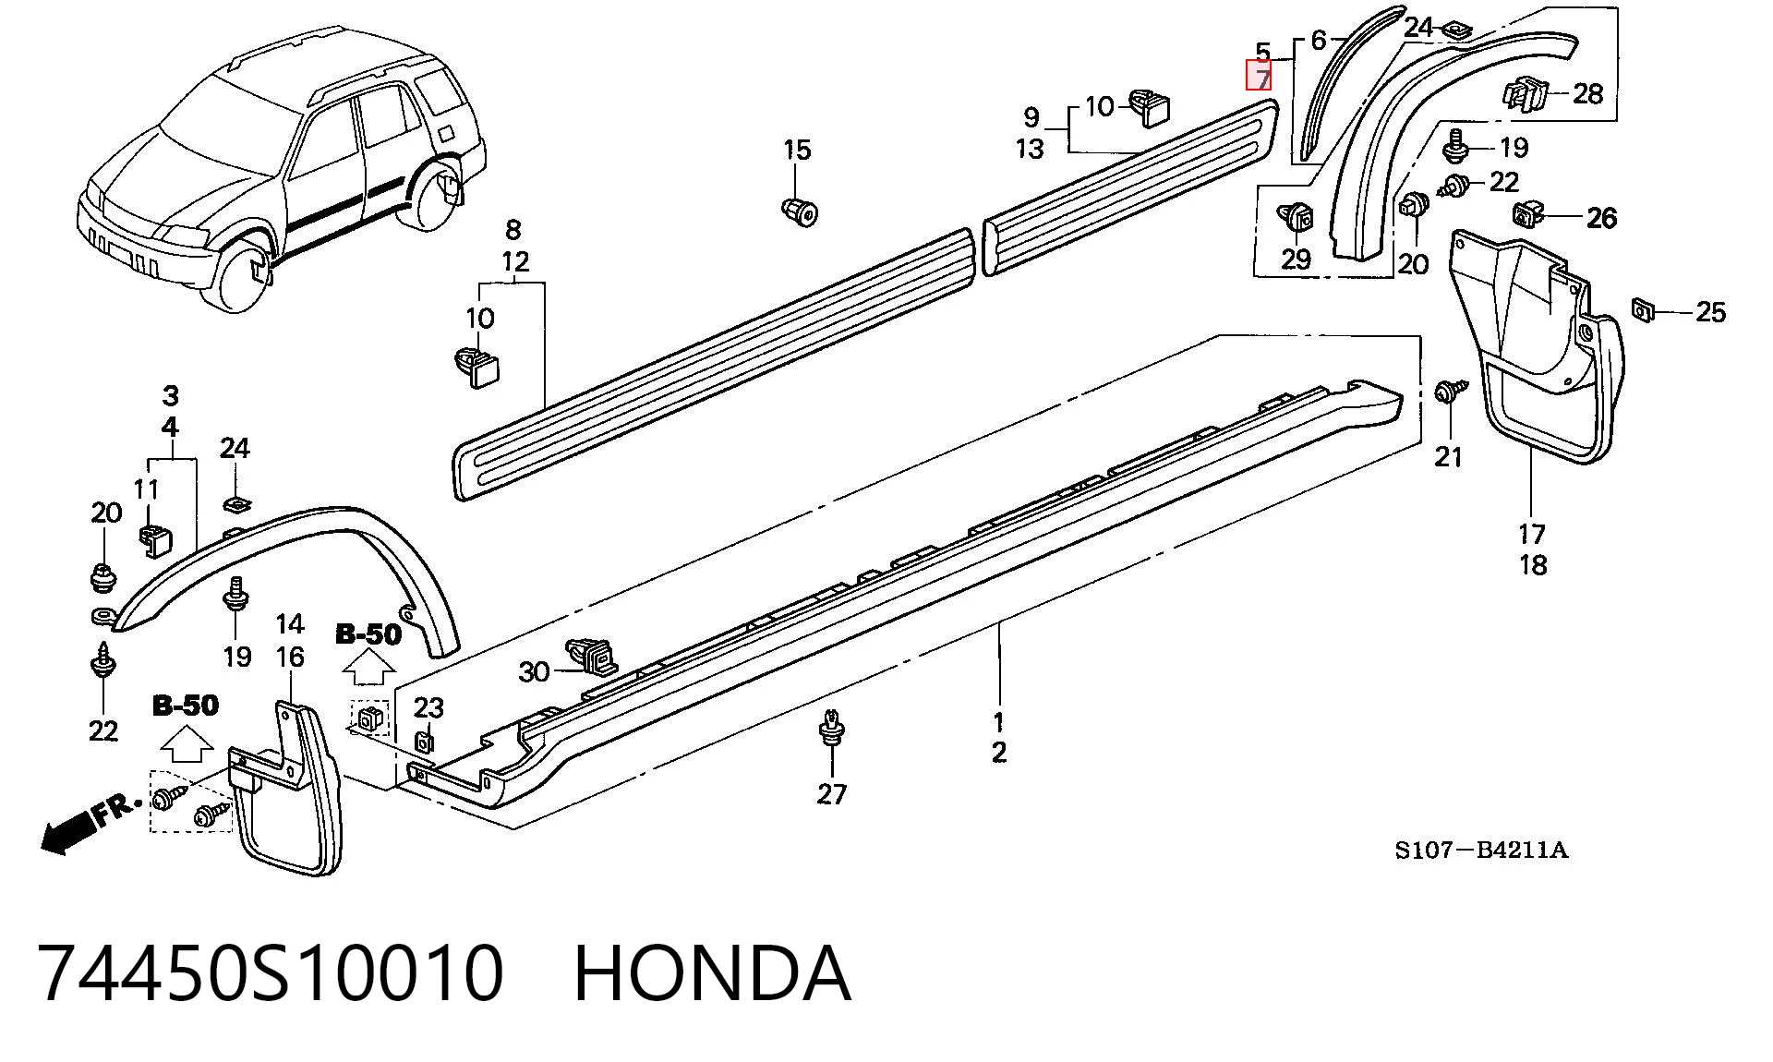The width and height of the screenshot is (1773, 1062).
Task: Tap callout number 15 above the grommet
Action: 797,150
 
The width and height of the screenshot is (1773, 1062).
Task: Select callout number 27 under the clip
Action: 832,793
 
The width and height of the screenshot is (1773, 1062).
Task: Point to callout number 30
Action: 534,671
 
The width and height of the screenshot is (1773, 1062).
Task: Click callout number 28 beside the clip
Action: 1587,93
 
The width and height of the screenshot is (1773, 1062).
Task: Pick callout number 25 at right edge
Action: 1710,312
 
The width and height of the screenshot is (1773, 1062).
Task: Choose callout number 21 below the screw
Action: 1448,456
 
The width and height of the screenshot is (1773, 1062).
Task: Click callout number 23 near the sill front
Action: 428,707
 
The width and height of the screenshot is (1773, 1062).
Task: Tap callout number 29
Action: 1296,259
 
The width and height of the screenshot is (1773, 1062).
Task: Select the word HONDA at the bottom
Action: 712,972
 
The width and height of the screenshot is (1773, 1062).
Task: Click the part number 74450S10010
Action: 271,972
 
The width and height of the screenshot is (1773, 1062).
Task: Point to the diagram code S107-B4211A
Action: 1481,850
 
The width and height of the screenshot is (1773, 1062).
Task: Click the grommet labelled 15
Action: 800,211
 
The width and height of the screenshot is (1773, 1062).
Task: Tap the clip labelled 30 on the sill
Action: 592,656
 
